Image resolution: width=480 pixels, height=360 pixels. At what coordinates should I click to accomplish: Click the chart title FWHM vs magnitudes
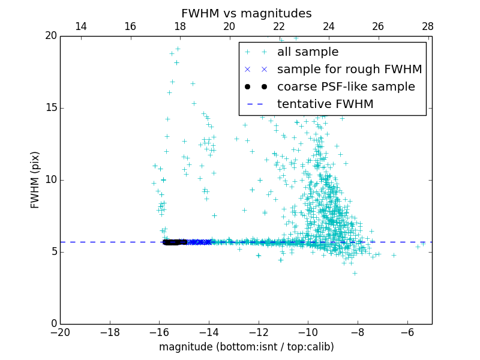click(x=246, y=13)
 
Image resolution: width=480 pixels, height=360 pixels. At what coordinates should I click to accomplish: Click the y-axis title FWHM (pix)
click(x=35, y=179)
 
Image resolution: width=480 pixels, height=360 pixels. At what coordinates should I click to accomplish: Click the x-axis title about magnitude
click(x=246, y=347)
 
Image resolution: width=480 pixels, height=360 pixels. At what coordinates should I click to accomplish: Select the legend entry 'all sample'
click(x=307, y=52)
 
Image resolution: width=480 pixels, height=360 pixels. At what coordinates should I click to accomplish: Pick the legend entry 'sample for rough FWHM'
click(x=349, y=70)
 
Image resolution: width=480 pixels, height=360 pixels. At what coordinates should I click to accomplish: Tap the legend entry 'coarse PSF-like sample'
click(x=346, y=87)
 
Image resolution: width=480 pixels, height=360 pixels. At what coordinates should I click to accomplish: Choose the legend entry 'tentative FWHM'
click(x=325, y=104)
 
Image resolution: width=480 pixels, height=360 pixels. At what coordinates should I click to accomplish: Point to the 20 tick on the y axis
click(x=50, y=36)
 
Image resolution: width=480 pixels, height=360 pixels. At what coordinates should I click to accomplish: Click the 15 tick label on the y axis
click(x=50, y=108)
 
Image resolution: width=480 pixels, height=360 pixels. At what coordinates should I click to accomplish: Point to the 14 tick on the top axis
click(x=80, y=26)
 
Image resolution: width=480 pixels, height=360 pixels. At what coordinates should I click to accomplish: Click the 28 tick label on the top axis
click(x=428, y=26)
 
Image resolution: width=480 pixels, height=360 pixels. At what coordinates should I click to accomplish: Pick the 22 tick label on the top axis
click(x=279, y=26)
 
